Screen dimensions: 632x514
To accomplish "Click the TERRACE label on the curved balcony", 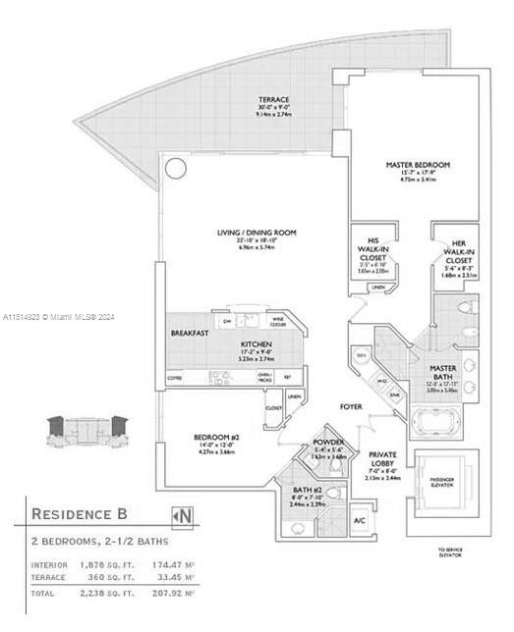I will [273, 100].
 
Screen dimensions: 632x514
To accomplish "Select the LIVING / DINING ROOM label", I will [257, 233].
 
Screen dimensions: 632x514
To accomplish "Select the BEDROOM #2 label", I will [218, 436].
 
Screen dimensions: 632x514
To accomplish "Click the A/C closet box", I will [359, 519].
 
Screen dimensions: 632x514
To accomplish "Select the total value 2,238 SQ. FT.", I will [105, 595].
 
